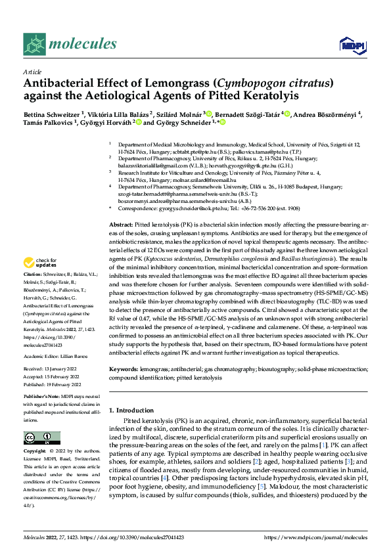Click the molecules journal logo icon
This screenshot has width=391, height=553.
coord(34,44)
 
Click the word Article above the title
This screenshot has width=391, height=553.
coord(32,72)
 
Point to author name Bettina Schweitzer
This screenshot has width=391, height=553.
coord(50,113)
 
